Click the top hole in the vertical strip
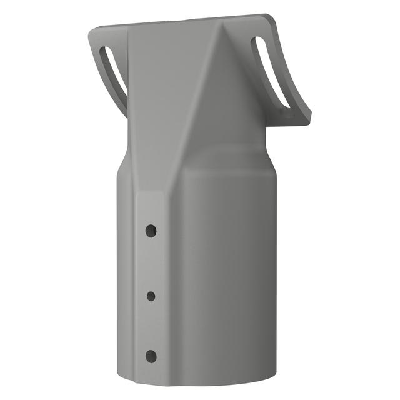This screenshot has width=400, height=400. click(x=151, y=231)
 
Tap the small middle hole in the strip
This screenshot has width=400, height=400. click(x=151, y=296)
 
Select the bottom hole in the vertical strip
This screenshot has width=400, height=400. click(x=151, y=357)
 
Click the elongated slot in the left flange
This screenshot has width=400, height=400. click(x=115, y=70)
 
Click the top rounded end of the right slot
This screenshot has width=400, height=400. click(x=257, y=41)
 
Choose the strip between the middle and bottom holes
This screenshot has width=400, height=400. click(x=151, y=326)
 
